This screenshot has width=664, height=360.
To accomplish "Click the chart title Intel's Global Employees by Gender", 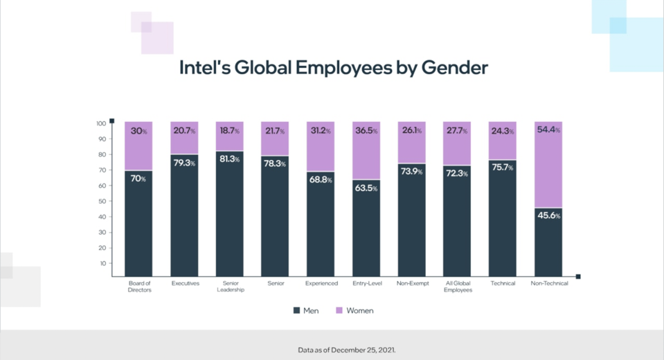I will point(334,68).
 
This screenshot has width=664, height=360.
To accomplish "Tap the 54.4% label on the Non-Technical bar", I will point(548,130).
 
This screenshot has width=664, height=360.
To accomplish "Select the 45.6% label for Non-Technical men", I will point(548,215).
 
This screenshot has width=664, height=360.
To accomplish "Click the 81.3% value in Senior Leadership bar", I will point(230,159).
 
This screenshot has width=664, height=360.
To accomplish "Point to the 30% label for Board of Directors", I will point(138,131).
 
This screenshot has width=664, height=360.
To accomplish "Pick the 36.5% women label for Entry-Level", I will point(366,130).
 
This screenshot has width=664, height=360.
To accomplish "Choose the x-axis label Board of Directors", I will point(139,287).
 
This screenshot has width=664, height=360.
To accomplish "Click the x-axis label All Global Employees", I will point(457,287).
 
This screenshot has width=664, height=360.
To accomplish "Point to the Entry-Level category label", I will point(366,283).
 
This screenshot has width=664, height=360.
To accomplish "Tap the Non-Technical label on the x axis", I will point(548,283).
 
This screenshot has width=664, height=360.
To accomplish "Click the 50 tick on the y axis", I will point(101,201).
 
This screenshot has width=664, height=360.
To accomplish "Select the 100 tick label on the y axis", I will point(100,123).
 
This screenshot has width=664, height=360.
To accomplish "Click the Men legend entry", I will point(306,311).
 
